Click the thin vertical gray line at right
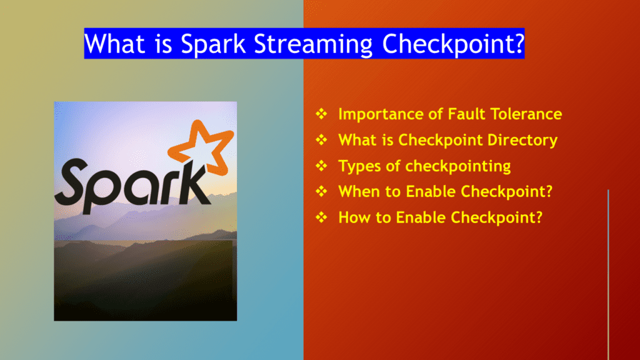click(608, 275)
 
